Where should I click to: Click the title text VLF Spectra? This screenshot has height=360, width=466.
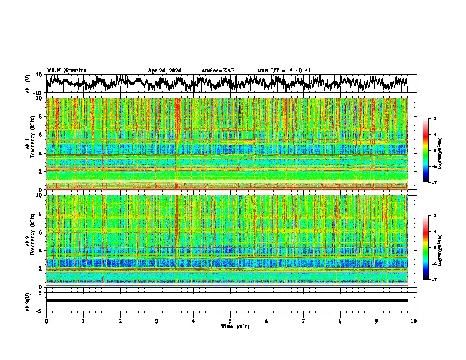point(66,70)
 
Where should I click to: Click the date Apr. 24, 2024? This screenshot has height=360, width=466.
point(164,71)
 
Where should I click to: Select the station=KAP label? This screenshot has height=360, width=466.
point(218,71)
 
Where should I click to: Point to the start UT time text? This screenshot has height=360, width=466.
point(284,71)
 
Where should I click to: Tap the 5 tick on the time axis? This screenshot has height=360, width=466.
point(230,321)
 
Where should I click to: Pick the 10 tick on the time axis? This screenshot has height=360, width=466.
point(414,321)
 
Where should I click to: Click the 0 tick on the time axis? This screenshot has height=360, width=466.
point(46,321)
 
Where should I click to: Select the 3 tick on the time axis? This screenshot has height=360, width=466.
point(157,321)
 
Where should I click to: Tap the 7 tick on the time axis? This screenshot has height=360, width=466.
point(304,321)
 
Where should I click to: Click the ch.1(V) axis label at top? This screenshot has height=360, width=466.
point(28,84)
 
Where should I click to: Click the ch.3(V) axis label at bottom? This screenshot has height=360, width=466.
point(28,301)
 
